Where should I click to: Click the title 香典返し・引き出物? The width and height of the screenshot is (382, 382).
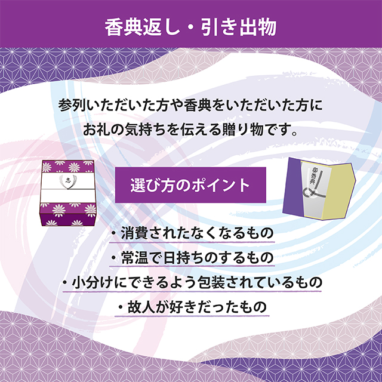pyautogui.click(x=191, y=27)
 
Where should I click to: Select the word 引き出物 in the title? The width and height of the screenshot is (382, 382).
pyautogui.click(x=239, y=27)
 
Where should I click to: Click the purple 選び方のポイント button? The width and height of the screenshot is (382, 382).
pyautogui.click(x=190, y=185)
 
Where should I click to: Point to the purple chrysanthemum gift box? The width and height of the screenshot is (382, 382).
pyautogui.click(x=68, y=193)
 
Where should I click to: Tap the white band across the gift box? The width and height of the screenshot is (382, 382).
pyautogui.click(x=67, y=187)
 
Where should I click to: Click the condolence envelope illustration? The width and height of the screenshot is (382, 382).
pyautogui.click(x=319, y=189)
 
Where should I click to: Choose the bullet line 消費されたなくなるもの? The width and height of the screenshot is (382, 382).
pyautogui.click(x=192, y=233)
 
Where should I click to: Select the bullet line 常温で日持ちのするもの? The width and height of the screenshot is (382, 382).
pyautogui.click(x=192, y=258)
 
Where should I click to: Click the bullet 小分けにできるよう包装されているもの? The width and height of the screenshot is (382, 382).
pyautogui.click(x=192, y=282)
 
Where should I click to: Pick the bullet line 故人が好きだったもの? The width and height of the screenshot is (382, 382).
pyautogui.click(x=192, y=307)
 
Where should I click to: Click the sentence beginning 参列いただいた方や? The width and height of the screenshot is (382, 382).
pyautogui.click(x=190, y=105)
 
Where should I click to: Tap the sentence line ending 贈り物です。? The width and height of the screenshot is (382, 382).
pyautogui.click(x=190, y=130)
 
